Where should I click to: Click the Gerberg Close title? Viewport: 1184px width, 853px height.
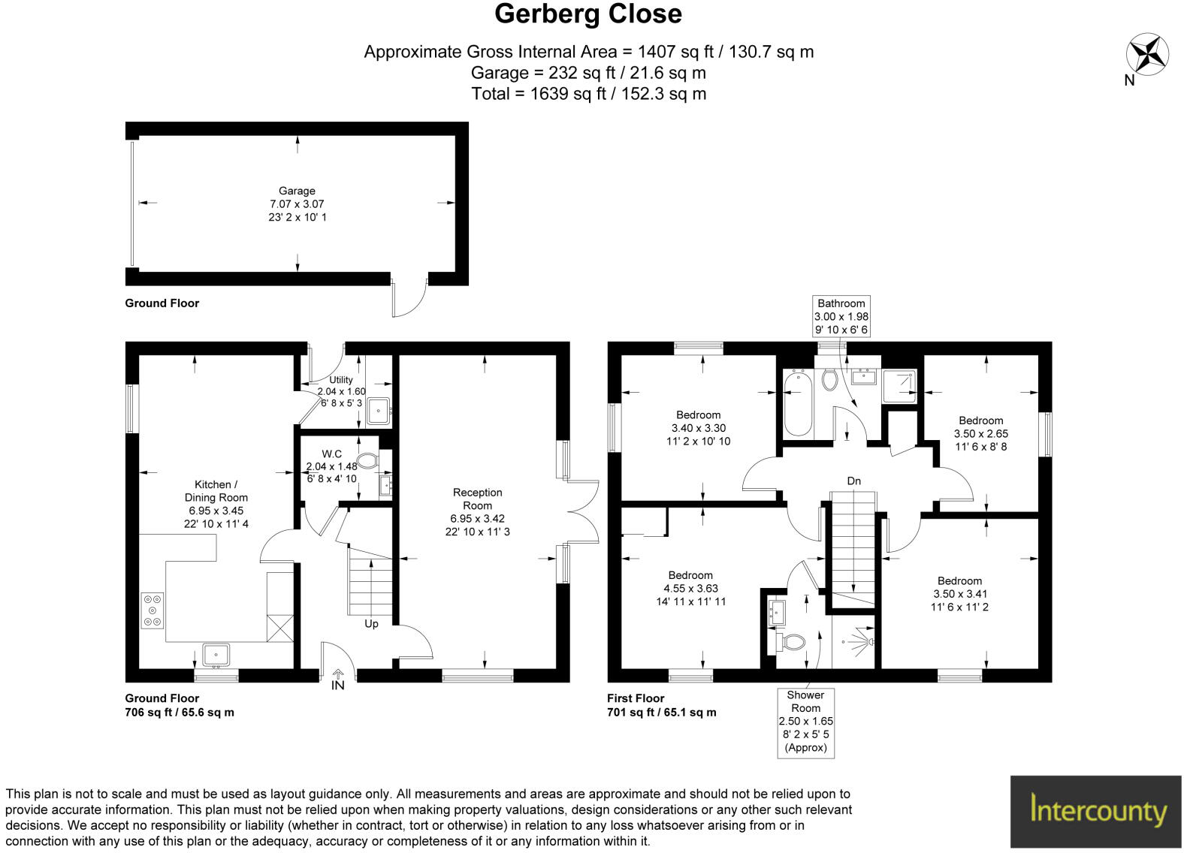click(x=588, y=14)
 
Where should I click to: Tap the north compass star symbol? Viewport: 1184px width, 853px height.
click(x=1147, y=55)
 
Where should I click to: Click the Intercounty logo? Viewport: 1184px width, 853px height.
click(x=1096, y=811)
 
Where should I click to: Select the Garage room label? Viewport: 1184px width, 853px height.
click(x=298, y=191)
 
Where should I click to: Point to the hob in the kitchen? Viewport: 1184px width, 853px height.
click(x=153, y=610)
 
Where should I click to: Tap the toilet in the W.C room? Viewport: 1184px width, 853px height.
click(x=367, y=460)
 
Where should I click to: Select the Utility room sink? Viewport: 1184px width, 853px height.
click(x=378, y=411)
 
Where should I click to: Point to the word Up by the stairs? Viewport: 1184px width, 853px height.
click(x=371, y=623)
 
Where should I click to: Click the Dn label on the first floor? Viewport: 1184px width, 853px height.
click(x=853, y=481)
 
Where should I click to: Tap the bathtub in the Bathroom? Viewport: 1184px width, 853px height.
click(x=798, y=402)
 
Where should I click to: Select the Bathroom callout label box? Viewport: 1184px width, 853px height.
click(x=841, y=316)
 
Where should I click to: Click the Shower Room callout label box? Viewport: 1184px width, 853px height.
click(x=805, y=721)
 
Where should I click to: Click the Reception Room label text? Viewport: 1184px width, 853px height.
click(x=477, y=499)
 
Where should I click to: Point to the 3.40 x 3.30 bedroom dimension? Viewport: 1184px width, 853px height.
click(x=698, y=428)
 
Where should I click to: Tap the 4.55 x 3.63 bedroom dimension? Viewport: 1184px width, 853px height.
click(x=690, y=589)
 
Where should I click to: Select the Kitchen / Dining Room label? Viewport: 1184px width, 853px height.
click(x=216, y=491)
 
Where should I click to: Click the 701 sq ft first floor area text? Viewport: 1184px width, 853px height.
click(x=661, y=712)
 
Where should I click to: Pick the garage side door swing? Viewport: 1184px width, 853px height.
click(x=408, y=300)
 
